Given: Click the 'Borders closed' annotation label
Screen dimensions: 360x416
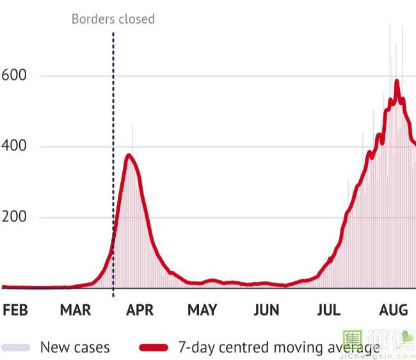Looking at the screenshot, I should click(x=113, y=19).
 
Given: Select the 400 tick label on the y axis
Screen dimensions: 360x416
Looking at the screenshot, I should click(x=13, y=146).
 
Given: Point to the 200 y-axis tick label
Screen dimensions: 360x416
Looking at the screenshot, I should click(x=13, y=217).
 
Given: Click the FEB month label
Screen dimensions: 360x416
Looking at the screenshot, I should click(x=15, y=310).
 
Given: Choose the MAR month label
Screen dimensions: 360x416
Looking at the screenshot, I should click(x=76, y=310).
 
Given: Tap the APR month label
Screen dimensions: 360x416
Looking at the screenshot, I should click(x=140, y=310).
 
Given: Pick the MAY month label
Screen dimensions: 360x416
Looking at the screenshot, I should click(x=202, y=310).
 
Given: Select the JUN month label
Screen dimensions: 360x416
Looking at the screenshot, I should click(x=266, y=310).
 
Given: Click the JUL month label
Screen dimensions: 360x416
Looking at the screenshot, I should click(x=328, y=310).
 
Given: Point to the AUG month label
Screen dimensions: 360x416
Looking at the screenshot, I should click(x=393, y=310).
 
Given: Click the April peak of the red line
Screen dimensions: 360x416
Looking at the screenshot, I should click(x=129, y=155).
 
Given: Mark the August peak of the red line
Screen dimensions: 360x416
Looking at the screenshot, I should click(x=397, y=81).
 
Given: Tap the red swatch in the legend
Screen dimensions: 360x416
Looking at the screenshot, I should click(x=154, y=347).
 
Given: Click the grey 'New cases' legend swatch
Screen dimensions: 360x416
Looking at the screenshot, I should click(x=16, y=347).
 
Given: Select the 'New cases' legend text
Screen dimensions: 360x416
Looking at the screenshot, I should click(x=75, y=347).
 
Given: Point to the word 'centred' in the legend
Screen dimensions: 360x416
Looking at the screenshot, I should click(x=244, y=347).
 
